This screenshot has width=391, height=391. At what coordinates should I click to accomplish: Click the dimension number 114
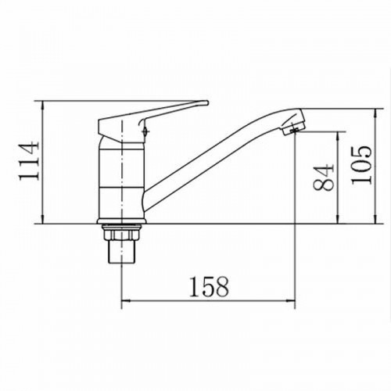(x=29, y=160)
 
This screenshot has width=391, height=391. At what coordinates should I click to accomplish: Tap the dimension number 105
(x=361, y=165)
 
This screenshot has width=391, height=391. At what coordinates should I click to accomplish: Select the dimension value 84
(x=323, y=178)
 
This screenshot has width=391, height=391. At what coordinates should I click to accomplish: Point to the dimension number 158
(x=209, y=287)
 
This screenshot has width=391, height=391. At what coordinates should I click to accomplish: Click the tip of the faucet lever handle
(x=207, y=103)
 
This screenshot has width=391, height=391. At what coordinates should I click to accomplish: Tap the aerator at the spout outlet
(x=291, y=128)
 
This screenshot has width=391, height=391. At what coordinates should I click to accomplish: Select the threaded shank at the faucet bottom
(x=121, y=252)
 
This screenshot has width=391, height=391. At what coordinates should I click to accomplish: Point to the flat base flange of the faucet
(x=122, y=221)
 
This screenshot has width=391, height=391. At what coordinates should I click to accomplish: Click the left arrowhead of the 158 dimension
(x=126, y=301)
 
